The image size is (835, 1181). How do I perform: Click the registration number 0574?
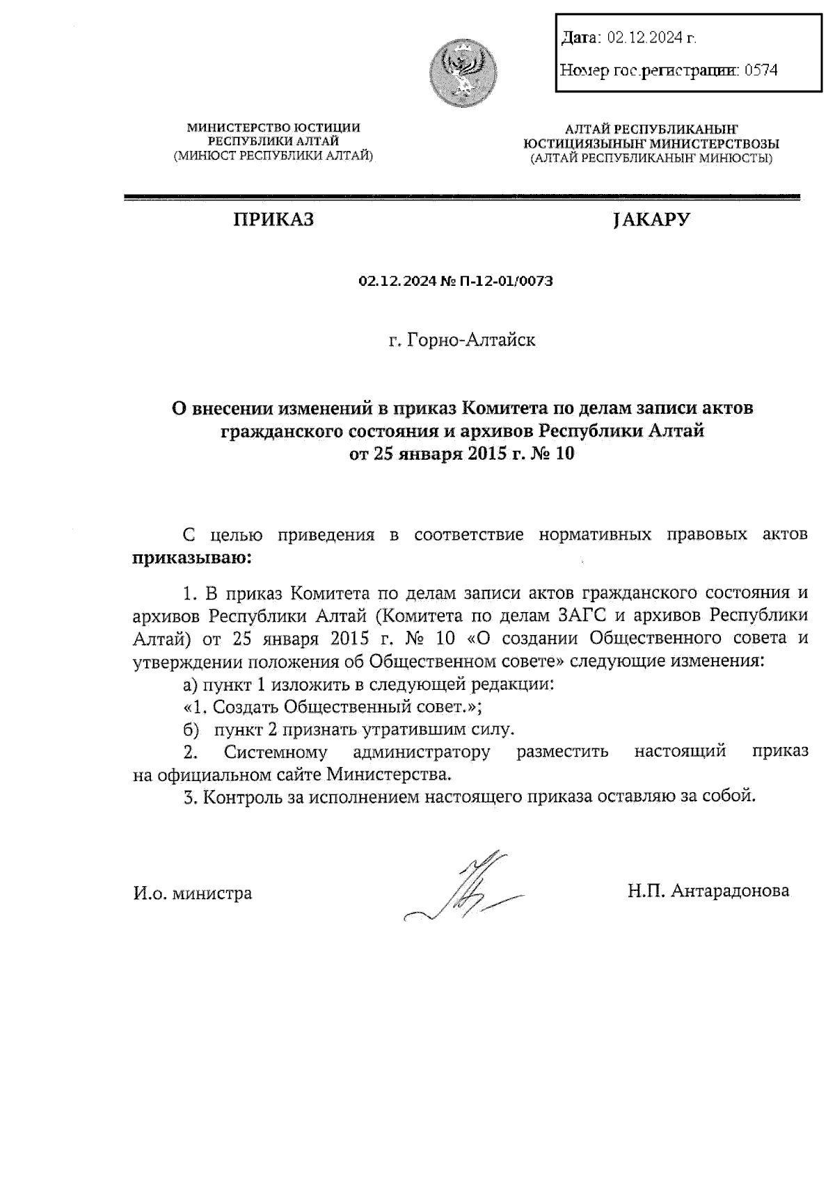click(x=761, y=70)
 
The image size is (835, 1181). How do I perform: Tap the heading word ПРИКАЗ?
click(x=273, y=220)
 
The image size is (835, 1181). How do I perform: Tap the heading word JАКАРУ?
click(x=651, y=220)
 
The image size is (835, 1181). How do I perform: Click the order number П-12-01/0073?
click(x=507, y=282)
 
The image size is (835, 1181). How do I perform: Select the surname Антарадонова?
click(x=730, y=891)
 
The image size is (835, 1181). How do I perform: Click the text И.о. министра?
click(x=192, y=893)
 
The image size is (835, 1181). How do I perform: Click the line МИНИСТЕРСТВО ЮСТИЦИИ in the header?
click(x=273, y=127)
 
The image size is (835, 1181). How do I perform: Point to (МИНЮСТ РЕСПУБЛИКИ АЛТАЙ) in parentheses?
click(x=273, y=155)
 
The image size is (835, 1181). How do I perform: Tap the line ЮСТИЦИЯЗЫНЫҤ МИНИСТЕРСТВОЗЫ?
click(x=651, y=143)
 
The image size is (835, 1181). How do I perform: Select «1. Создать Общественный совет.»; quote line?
click(x=333, y=707)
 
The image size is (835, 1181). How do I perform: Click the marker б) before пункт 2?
click(x=190, y=730)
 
